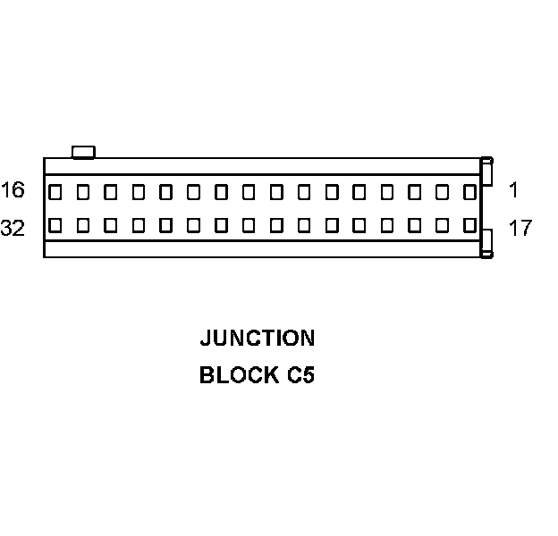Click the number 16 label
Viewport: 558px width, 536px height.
click(x=13, y=190)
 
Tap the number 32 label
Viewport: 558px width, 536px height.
click(x=13, y=228)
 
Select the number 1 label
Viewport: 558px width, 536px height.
click(x=514, y=189)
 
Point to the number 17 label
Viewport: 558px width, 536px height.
click(x=520, y=228)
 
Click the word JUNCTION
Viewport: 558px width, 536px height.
click(x=257, y=339)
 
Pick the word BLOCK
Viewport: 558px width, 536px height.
click(x=239, y=375)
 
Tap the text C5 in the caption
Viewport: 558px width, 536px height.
click(x=300, y=375)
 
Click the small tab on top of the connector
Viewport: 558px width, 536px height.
click(x=83, y=152)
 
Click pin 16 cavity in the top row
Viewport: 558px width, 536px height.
click(x=55, y=191)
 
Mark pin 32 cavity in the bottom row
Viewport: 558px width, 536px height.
click(x=55, y=225)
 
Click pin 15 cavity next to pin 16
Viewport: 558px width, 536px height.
click(x=83, y=191)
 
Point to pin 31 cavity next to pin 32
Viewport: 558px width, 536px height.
click(x=83, y=225)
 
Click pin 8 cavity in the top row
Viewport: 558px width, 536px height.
click(x=276, y=191)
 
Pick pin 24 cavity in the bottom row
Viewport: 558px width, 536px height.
click(x=276, y=225)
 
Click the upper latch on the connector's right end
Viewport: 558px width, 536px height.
click(x=486, y=172)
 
